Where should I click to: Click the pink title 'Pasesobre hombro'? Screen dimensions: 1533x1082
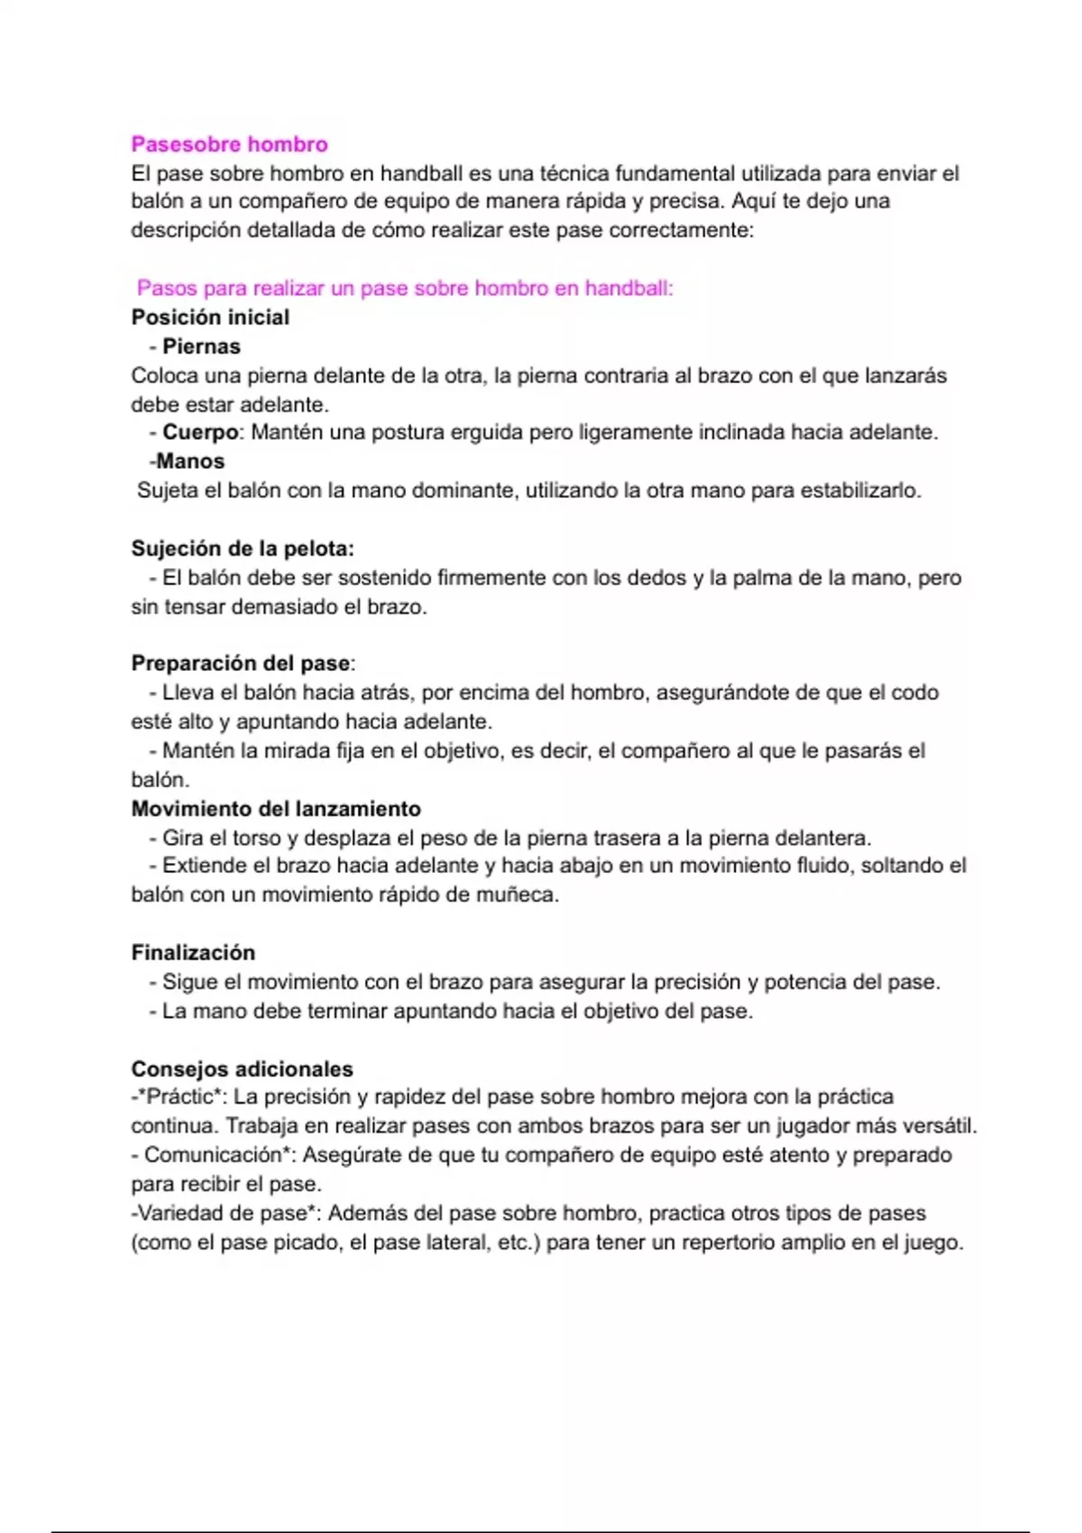click(229, 144)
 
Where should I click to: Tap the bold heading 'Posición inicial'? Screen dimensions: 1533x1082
click(210, 317)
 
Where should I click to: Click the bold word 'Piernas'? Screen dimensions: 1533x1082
click(201, 346)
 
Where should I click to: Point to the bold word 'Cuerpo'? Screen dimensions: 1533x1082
click(200, 433)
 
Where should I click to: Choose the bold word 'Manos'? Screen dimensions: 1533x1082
click(190, 462)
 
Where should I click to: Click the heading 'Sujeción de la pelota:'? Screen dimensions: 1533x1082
click(243, 548)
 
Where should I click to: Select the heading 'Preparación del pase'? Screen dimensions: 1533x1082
click(241, 664)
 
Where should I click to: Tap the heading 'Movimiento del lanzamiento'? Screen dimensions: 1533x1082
click(276, 809)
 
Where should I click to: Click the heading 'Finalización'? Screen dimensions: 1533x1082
click(193, 953)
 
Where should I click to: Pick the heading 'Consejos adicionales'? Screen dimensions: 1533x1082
click(242, 1069)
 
